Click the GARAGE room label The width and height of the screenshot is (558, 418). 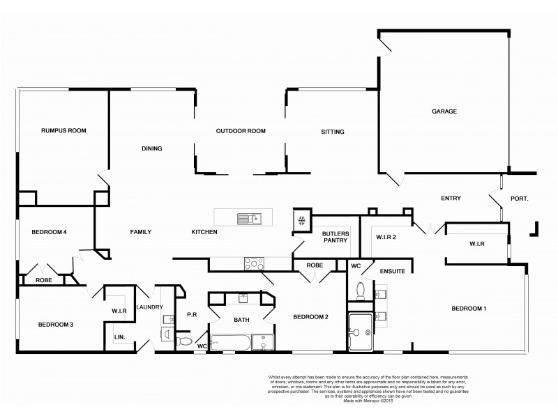tap(444, 111)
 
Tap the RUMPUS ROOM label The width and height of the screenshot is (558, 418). tap(63, 130)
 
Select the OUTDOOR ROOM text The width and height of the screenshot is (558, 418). tap(241, 131)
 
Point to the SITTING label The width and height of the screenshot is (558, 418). tap(332, 132)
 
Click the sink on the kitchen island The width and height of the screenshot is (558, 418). tap(248, 219)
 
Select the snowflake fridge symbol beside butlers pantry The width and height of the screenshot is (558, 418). tap(301, 221)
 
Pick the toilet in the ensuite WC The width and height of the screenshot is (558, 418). tap(361, 290)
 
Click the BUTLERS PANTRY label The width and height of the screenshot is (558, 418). tap(335, 238)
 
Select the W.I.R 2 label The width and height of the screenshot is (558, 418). tap(386, 237)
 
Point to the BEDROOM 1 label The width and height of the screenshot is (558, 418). tap(469, 308)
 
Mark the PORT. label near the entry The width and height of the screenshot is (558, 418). tap(519, 199)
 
